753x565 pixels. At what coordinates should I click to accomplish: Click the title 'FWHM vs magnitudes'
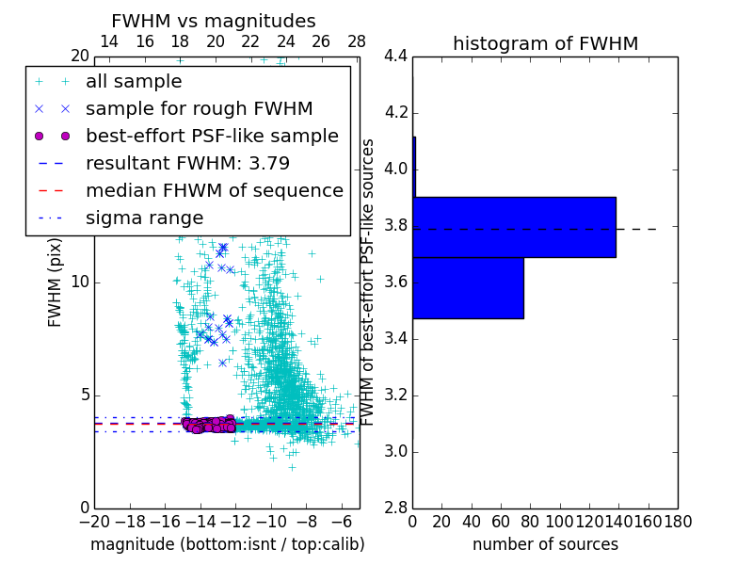(x=214, y=22)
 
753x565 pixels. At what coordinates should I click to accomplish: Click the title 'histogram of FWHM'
(x=545, y=43)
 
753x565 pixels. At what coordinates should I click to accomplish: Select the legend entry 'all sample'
(x=134, y=82)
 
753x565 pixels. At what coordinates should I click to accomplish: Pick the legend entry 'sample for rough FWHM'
(x=199, y=108)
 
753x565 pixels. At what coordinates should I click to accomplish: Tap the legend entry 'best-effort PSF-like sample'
(x=212, y=136)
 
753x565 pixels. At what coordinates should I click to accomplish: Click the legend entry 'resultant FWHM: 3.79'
(x=187, y=163)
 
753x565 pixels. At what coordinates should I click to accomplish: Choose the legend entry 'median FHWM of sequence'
(x=214, y=190)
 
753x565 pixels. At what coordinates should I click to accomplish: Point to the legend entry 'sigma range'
(x=144, y=218)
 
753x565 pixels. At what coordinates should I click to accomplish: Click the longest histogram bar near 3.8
(x=514, y=227)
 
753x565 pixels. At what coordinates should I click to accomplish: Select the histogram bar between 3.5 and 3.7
(x=468, y=288)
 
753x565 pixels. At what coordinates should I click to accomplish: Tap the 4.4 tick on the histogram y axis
(x=395, y=56)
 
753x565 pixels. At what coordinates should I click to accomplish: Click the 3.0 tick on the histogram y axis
(x=395, y=451)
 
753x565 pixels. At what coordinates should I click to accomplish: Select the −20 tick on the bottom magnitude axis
(x=94, y=522)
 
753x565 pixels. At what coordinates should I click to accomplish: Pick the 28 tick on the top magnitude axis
(x=357, y=41)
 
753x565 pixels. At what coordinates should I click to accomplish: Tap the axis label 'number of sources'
(x=545, y=544)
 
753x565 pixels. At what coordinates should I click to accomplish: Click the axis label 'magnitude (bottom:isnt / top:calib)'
(x=227, y=544)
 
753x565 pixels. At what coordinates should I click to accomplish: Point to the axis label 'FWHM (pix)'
(x=56, y=282)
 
